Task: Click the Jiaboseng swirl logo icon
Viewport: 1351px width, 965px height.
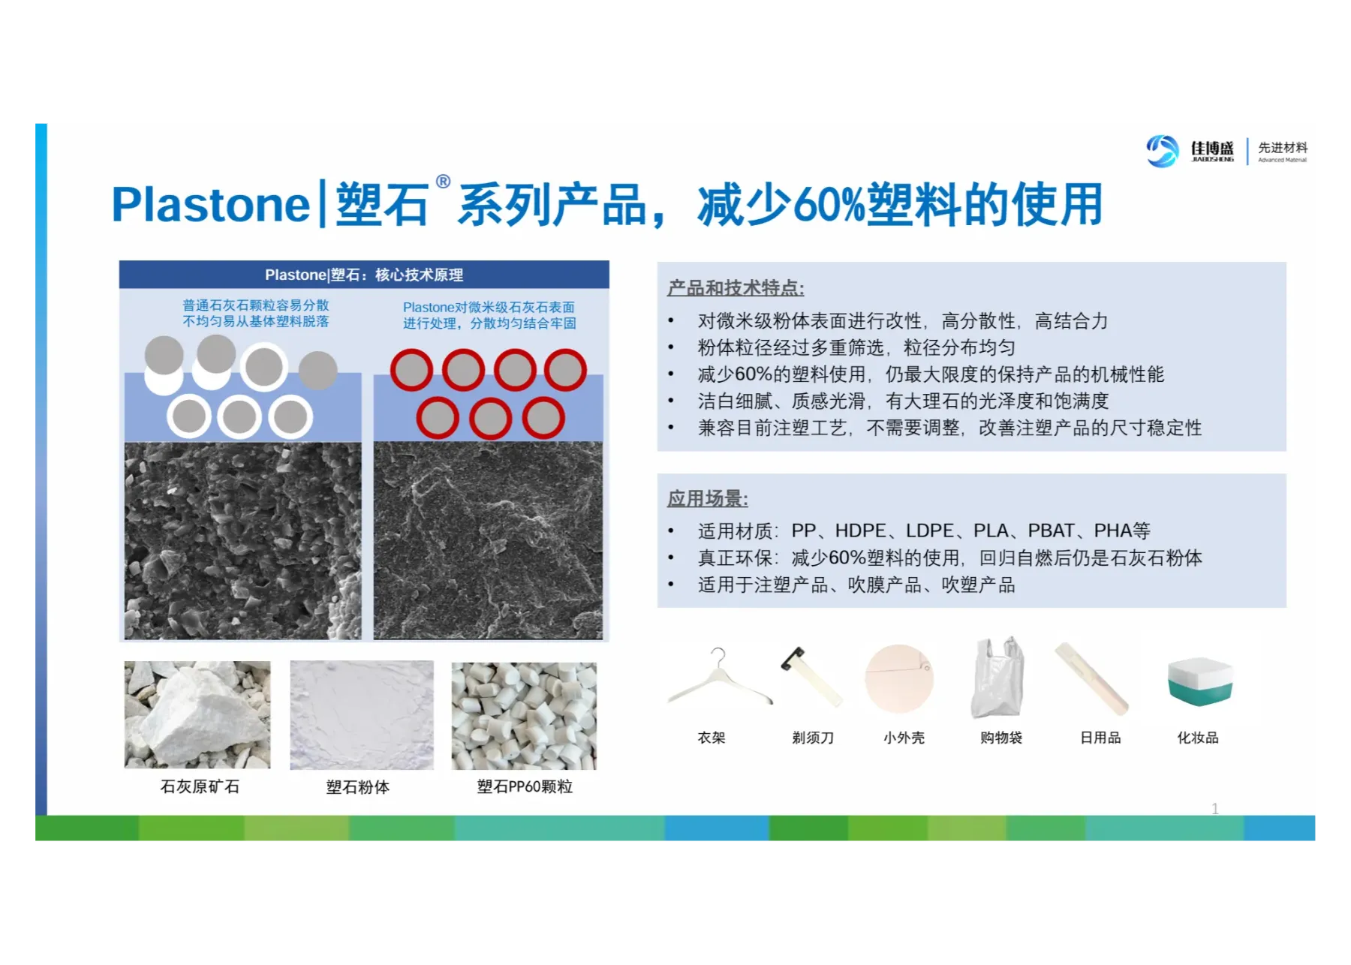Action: (1163, 151)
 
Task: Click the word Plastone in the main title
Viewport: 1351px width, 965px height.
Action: (211, 205)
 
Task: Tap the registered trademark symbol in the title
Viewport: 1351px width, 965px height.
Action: (444, 182)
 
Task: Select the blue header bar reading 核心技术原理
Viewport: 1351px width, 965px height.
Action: (364, 275)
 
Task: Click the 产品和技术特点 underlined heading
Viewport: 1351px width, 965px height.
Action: (736, 288)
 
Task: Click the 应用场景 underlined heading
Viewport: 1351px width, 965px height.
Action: (708, 499)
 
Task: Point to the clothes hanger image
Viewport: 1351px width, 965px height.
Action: (719, 677)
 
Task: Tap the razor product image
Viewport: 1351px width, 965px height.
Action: (811, 676)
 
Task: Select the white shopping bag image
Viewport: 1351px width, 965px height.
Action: (997, 678)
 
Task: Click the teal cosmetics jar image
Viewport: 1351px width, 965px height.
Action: (1199, 681)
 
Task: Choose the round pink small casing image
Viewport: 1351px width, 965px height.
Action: (899, 679)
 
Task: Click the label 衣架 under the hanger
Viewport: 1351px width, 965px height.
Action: (712, 738)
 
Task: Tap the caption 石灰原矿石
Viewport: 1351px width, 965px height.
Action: (200, 786)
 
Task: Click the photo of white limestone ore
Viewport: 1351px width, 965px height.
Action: (197, 714)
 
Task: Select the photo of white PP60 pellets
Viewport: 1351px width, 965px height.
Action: (524, 716)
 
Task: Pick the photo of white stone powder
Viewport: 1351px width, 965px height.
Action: (362, 715)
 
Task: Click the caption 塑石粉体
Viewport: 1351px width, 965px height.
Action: (358, 787)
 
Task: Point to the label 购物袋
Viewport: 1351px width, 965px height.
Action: (1001, 738)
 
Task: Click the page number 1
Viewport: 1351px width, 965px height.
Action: (1215, 808)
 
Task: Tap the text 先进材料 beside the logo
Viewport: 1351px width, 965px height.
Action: (1283, 147)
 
